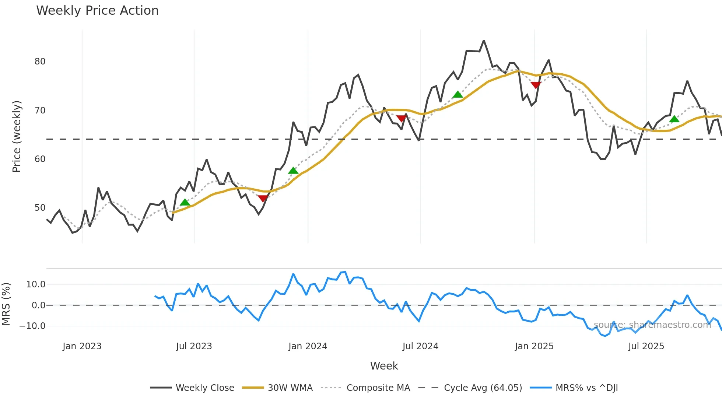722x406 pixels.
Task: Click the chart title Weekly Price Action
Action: [97, 11]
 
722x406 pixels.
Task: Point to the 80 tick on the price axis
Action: [40, 62]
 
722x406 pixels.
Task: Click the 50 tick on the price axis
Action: [40, 208]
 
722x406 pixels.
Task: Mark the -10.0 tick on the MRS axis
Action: [32, 326]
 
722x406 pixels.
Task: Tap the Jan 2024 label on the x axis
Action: [308, 346]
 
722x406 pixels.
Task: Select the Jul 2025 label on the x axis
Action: [646, 346]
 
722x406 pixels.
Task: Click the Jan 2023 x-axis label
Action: [82, 346]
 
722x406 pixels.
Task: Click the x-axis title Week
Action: [384, 366]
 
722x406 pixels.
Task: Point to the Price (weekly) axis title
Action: [17, 136]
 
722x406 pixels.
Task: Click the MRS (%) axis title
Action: [6, 304]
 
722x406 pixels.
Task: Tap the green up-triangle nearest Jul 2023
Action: [185, 202]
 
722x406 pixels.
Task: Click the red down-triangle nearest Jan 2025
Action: [536, 85]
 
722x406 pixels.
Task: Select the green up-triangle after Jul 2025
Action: [674, 119]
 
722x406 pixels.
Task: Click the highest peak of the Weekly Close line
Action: [484, 41]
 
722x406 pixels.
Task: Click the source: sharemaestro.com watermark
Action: [652, 325]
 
